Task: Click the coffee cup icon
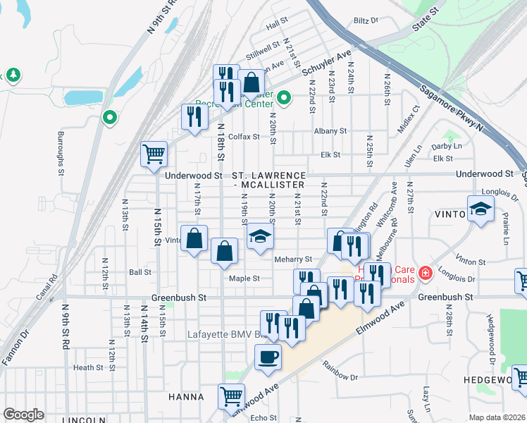click(267, 357)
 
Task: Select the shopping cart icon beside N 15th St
click(154, 153)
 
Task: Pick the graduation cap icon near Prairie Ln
click(480, 209)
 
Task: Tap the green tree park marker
click(13, 75)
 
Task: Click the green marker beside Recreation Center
click(284, 98)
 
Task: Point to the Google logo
click(23, 415)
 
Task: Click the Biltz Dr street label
click(366, 21)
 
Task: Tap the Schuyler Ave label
click(326, 63)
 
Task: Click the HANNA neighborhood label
click(187, 397)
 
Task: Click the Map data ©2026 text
click(496, 417)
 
